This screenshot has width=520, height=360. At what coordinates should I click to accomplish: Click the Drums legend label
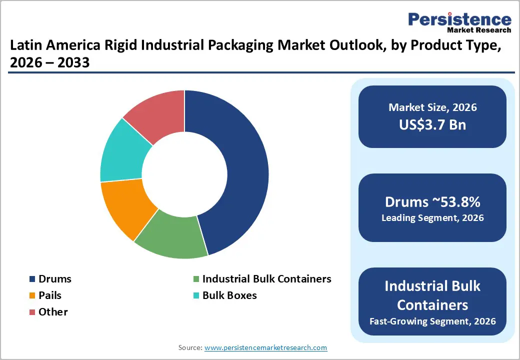pyautogui.click(x=55, y=279)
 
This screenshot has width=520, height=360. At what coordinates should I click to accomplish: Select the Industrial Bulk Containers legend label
pyautogui.click(x=266, y=279)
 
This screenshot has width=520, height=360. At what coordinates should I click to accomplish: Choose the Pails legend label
pyautogui.click(x=50, y=295)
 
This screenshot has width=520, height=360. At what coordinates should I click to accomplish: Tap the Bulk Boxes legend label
pyautogui.click(x=229, y=295)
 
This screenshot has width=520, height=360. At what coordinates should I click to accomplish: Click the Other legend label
pyautogui.click(x=53, y=312)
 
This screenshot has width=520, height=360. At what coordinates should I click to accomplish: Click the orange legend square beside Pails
pyautogui.click(x=32, y=296)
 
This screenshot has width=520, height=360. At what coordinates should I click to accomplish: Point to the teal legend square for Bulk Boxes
pyautogui.click(x=196, y=296)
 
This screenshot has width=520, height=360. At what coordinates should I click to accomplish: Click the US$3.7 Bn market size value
pyautogui.click(x=432, y=124)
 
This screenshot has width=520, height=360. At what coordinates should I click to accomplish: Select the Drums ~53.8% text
pyautogui.click(x=432, y=202)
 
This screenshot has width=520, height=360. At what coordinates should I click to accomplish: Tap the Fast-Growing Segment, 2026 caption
pyautogui.click(x=432, y=321)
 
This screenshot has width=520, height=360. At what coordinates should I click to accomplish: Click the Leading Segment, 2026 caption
pyautogui.click(x=432, y=218)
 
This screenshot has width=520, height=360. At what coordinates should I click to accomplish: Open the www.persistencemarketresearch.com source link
pyautogui.click(x=265, y=347)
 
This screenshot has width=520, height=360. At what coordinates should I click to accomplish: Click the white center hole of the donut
pyautogui.click(x=184, y=174)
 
